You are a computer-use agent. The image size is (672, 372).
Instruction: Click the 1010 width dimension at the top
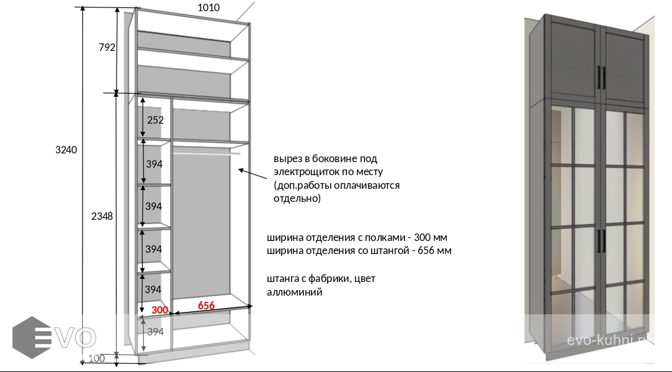point(208,8)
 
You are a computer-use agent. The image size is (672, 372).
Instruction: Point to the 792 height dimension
point(107,47)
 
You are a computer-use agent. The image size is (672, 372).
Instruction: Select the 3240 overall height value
point(66,150)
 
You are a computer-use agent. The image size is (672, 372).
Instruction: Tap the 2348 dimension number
point(102,216)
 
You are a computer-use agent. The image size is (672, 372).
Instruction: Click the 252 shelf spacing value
point(155,120)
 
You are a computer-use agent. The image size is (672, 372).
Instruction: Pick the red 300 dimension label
point(160,310)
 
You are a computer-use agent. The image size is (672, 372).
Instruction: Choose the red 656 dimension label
point(206,306)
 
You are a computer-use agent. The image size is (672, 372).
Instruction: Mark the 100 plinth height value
point(96,358)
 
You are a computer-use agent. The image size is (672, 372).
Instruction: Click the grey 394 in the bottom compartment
point(155,332)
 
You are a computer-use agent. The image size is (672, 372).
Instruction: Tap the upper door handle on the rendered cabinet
point(600,78)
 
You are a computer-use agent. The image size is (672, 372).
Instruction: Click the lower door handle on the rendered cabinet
point(600,240)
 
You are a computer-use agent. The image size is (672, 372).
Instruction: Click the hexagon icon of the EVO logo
point(31,337)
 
